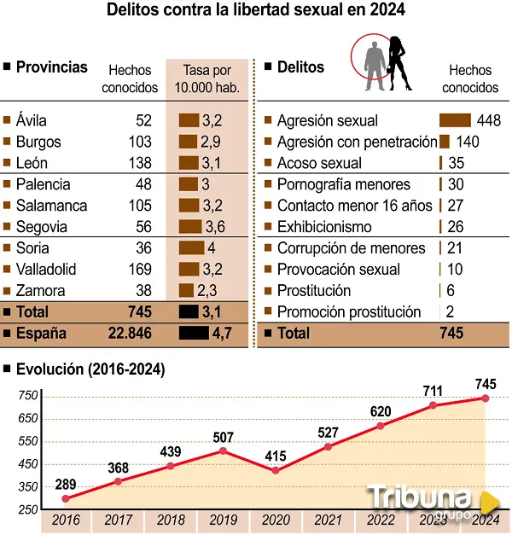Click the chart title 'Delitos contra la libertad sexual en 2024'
pyautogui.click(x=255, y=11)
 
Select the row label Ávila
pyautogui.click(x=32, y=120)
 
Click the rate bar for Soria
pyautogui.click(x=191, y=248)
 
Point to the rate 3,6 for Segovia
pyautogui.click(x=215, y=227)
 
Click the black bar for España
pyautogui.click(x=194, y=334)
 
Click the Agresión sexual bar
pyautogui.click(x=455, y=121)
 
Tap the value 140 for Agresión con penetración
pyautogui.click(x=468, y=142)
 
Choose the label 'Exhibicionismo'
pyautogui.click(x=324, y=227)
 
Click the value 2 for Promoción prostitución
pyautogui.click(x=449, y=312)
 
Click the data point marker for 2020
pyautogui.click(x=275, y=470)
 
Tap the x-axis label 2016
pyautogui.click(x=65, y=519)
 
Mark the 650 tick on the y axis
pyautogui.click(x=28, y=418)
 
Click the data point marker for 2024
pyautogui.click(x=486, y=398)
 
